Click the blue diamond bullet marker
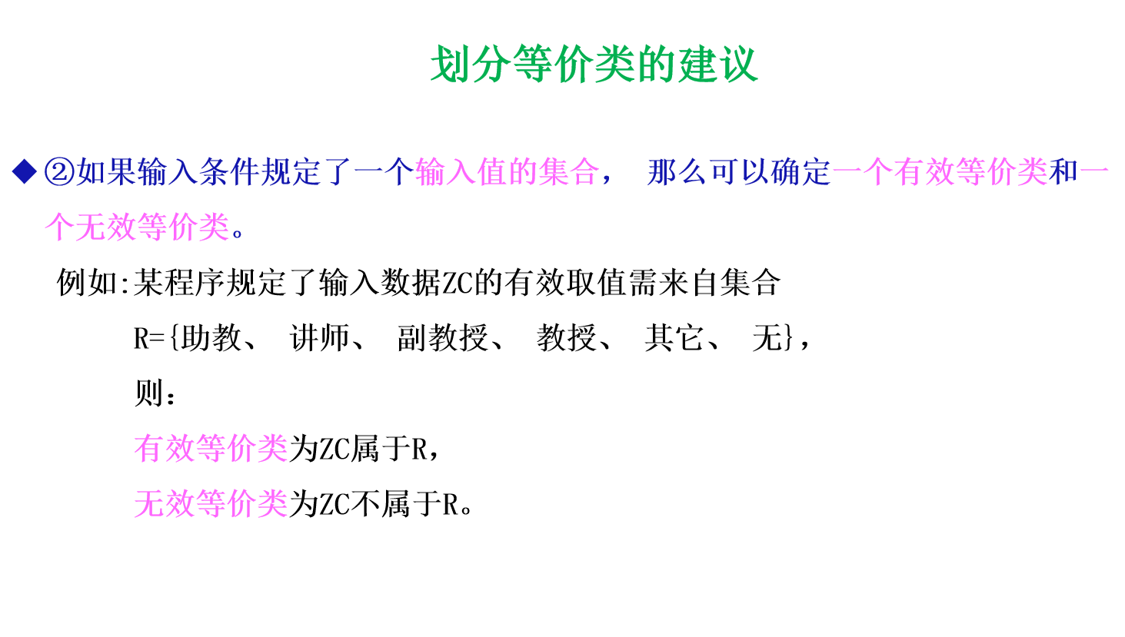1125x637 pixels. point(25,171)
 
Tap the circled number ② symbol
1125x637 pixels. point(59,172)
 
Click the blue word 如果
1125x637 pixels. point(106,172)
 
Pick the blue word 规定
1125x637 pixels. point(291,172)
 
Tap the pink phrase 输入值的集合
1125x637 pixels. point(507,172)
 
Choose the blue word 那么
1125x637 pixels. point(677,172)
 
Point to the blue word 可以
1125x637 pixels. point(739,172)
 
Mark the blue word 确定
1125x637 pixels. point(800,172)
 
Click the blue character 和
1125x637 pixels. point(1063,172)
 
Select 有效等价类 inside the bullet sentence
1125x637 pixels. point(970,172)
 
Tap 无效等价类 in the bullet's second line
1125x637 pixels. point(152,227)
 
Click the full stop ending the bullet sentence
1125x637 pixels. point(238,233)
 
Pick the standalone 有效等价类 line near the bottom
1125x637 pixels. point(211,449)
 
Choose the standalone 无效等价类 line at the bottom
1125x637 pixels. point(211,504)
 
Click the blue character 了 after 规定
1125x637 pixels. point(337,172)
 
